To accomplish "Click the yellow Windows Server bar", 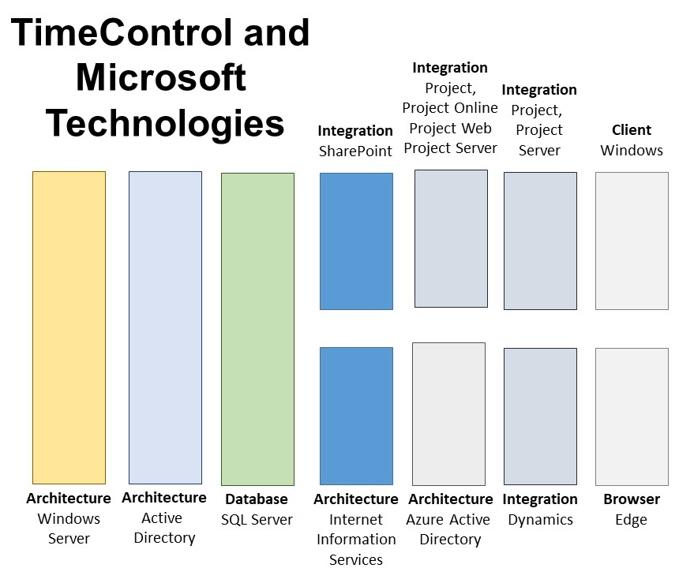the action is pyautogui.click(x=69, y=327).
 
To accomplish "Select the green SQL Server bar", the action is pyautogui.click(x=257, y=329).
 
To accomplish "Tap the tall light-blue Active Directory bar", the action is pyautogui.click(x=165, y=327).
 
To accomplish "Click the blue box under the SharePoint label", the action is pyautogui.click(x=356, y=241).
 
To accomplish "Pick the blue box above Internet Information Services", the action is pyautogui.click(x=356, y=416).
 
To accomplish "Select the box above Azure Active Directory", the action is pyautogui.click(x=448, y=413).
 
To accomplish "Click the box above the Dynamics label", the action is pyautogui.click(x=540, y=417).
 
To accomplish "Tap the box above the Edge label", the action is pyautogui.click(x=632, y=417).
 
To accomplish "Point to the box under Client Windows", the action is pyautogui.click(x=632, y=241).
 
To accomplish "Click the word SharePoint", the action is pyautogui.click(x=355, y=151).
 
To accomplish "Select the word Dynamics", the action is pyautogui.click(x=540, y=520).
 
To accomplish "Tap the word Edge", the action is pyautogui.click(x=631, y=520).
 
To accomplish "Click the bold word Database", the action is pyautogui.click(x=257, y=499).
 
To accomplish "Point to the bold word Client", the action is pyautogui.click(x=632, y=130).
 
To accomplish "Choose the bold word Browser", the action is pyautogui.click(x=632, y=499).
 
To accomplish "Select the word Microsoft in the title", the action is pyautogui.click(x=161, y=77).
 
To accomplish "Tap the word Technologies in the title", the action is pyautogui.click(x=165, y=123).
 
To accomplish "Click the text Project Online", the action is pyautogui.click(x=450, y=108).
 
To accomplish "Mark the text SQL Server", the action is pyautogui.click(x=257, y=520).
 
